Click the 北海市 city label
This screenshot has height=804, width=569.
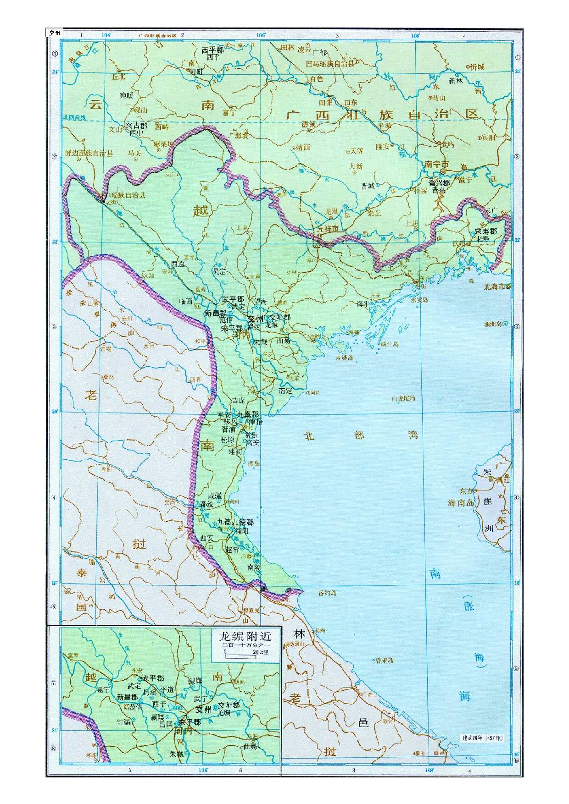494,286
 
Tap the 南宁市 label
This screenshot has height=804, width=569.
436,165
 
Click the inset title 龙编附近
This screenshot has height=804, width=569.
245,636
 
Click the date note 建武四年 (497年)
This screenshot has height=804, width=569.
482,738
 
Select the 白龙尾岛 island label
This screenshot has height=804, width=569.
403,398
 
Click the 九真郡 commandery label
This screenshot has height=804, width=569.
248,414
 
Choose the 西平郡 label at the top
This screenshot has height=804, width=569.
212,50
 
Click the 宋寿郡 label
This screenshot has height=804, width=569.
486,231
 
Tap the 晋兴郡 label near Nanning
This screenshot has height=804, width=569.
439,183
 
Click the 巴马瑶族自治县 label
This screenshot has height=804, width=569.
330,64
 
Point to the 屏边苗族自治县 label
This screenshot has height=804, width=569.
89,153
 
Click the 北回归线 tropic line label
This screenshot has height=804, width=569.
74,118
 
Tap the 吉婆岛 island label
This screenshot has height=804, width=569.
344,358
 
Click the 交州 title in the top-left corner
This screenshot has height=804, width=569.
55,33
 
